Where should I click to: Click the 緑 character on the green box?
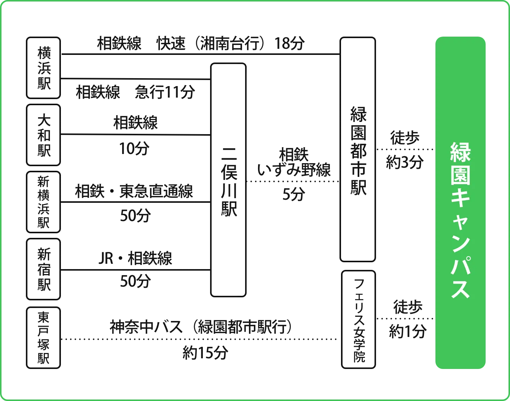click(461, 152)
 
